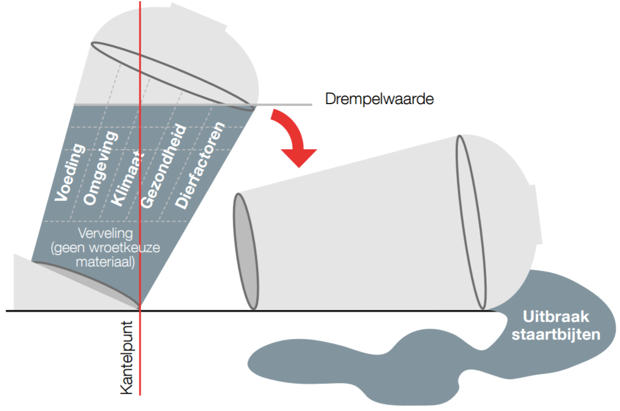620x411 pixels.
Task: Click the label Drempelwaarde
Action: coord(379,99)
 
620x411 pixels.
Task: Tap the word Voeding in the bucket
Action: coord(70,173)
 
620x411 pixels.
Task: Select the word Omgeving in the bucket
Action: coord(100,168)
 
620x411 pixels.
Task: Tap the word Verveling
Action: coord(106,234)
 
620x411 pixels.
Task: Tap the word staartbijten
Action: coord(556,335)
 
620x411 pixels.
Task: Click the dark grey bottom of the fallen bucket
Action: coord(247,252)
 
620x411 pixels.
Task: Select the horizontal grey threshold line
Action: coord(286,105)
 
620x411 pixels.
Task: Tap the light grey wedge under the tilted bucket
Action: coord(26,286)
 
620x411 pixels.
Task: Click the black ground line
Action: coord(343,311)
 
